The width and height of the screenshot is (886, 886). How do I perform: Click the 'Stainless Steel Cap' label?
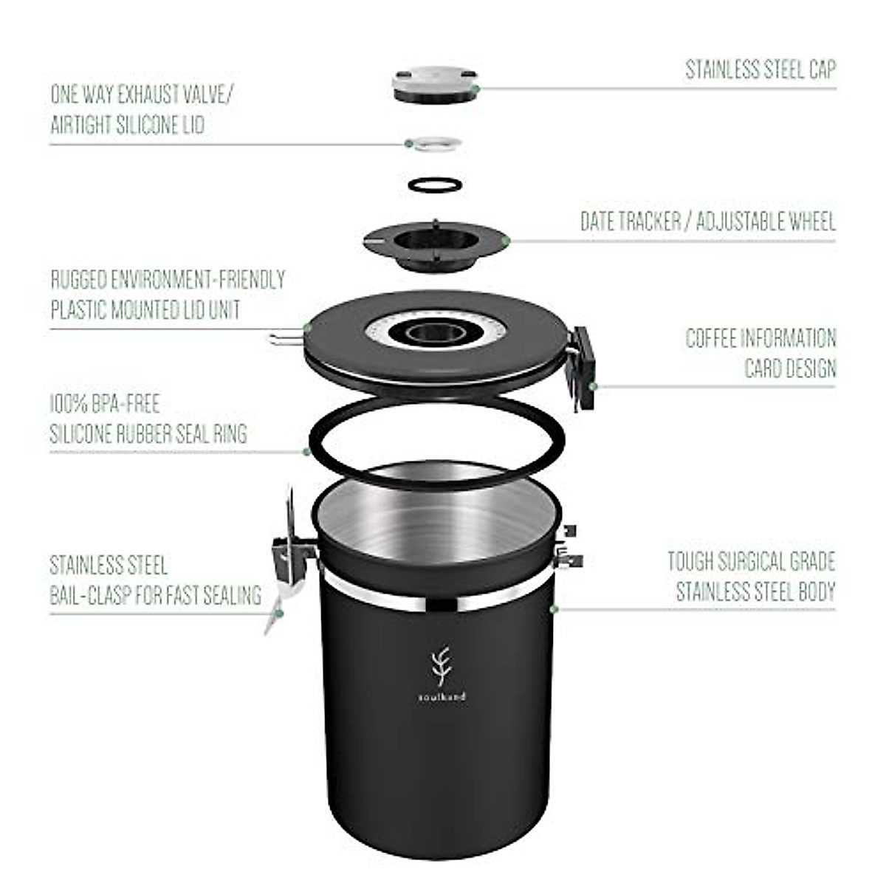(x=760, y=69)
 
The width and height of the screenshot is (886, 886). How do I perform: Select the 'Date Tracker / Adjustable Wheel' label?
(x=707, y=221)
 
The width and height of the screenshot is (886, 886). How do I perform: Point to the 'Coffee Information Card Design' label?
(x=760, y=353)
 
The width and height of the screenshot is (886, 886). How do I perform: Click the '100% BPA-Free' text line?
(x=105, y=404)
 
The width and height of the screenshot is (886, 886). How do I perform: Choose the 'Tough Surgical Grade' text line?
(x=751, y=561)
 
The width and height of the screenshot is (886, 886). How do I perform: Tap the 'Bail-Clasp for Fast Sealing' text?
(x=155, y=594)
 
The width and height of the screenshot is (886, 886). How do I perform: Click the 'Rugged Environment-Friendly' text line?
(x=168, y=280)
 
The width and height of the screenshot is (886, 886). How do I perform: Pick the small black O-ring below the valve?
(x=436, y=183)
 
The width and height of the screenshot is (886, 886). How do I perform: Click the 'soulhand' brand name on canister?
(x=440, y=696)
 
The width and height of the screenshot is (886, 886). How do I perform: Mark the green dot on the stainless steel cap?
(x=476, y=89)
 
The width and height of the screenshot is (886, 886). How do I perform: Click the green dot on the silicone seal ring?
(x=306, y=450)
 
